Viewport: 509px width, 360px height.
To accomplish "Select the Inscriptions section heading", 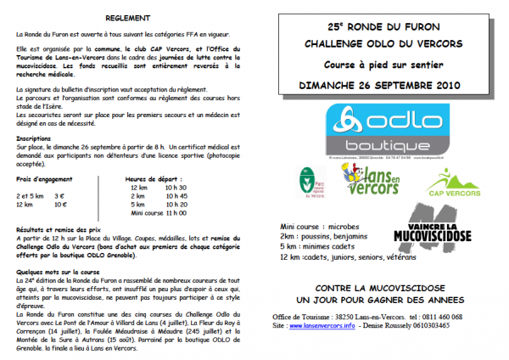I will (34, 137).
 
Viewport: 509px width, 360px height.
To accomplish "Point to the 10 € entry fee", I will (60, 204).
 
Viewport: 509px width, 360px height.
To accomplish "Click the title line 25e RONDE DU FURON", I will (380, 25).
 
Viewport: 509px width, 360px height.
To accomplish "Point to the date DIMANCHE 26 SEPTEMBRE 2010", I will (380, 86).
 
